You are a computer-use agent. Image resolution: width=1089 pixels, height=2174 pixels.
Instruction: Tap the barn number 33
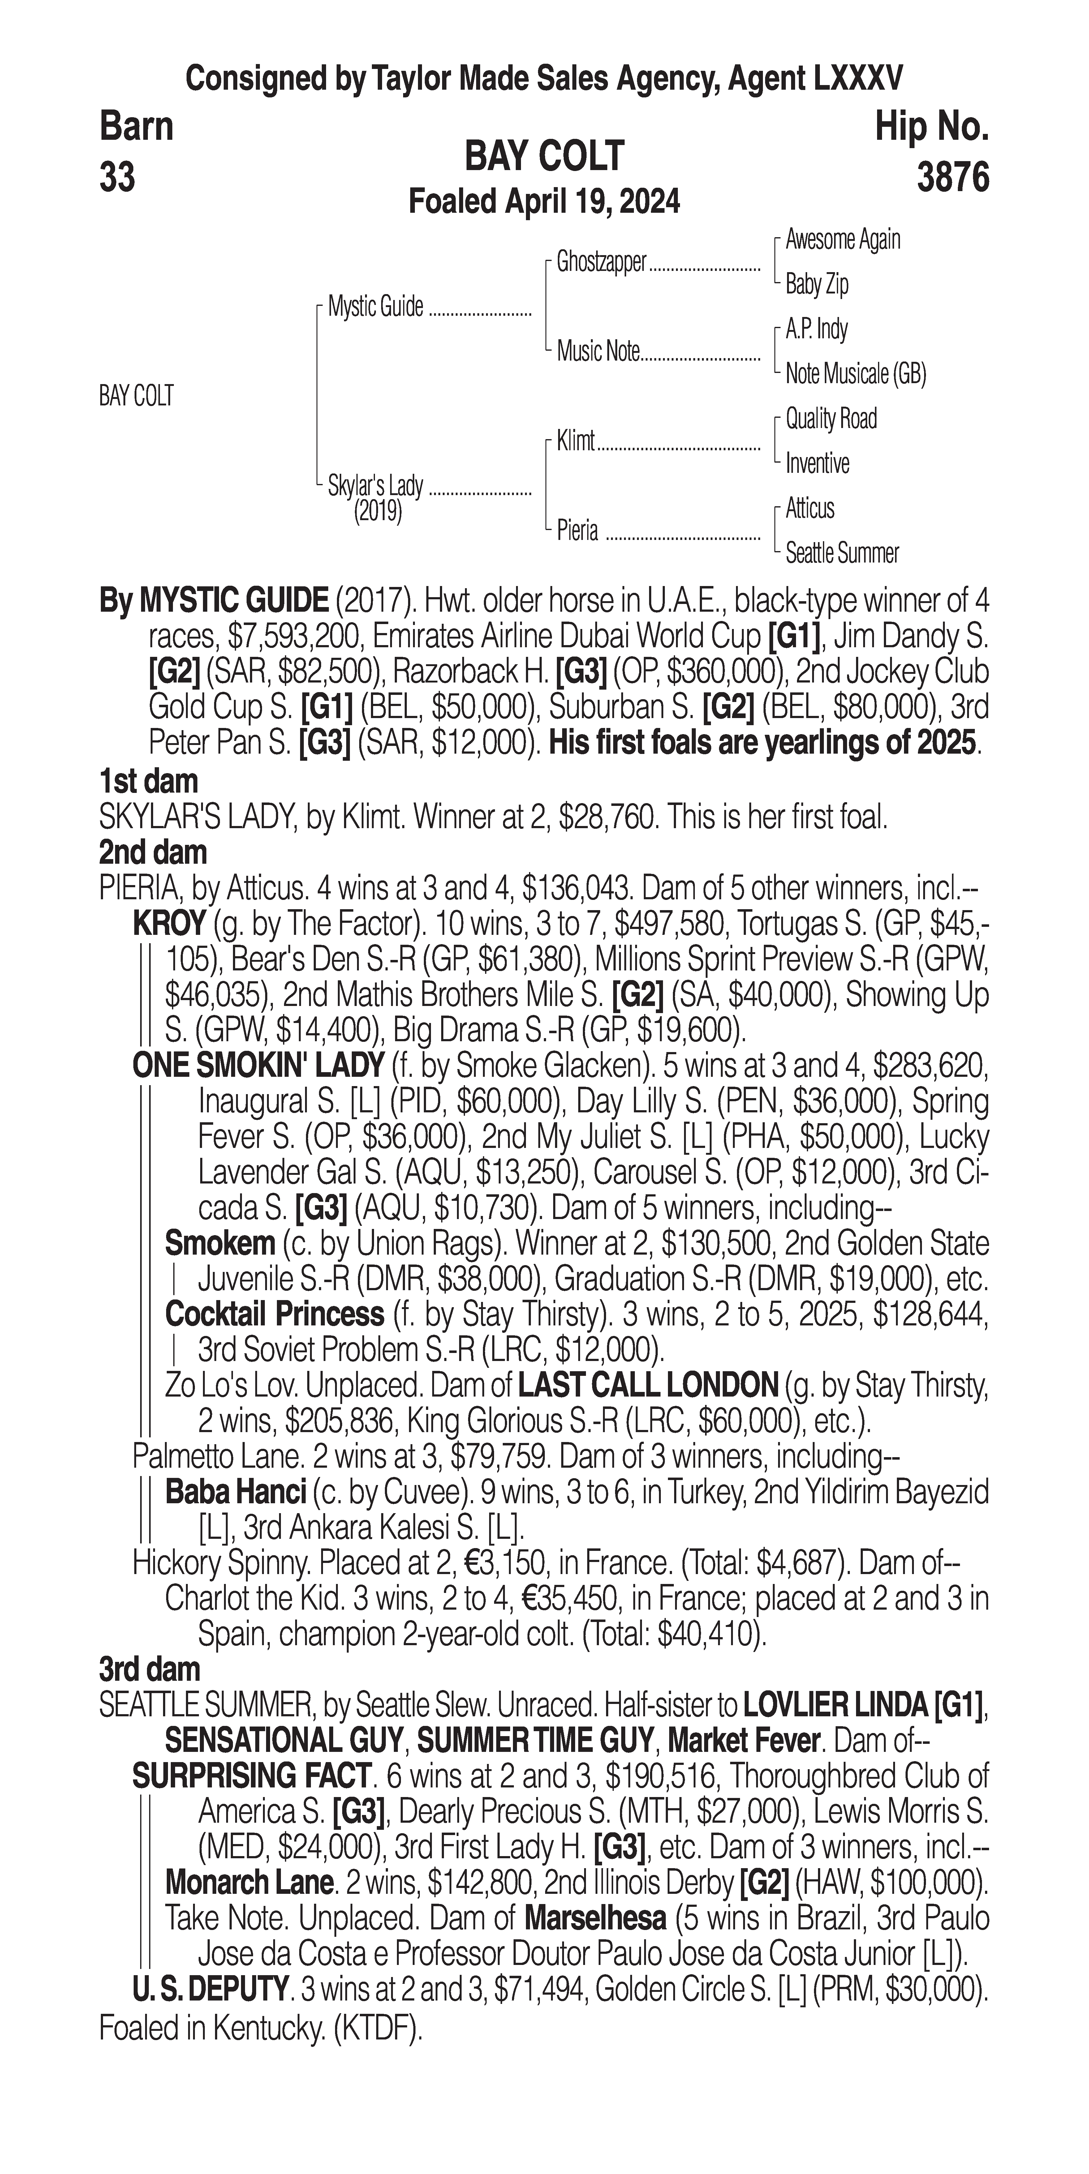117,178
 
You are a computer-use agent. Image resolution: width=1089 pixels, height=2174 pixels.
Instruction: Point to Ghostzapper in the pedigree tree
601,263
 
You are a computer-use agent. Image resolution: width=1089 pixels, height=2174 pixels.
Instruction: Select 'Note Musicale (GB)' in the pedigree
855,374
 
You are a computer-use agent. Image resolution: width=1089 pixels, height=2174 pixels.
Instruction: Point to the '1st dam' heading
148,781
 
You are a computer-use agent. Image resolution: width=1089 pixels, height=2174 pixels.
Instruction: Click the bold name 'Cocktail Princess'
274,1314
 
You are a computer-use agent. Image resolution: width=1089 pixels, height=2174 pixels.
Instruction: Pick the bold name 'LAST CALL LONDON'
648,1385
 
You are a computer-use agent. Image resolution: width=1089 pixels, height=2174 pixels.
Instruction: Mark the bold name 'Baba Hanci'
235,1492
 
